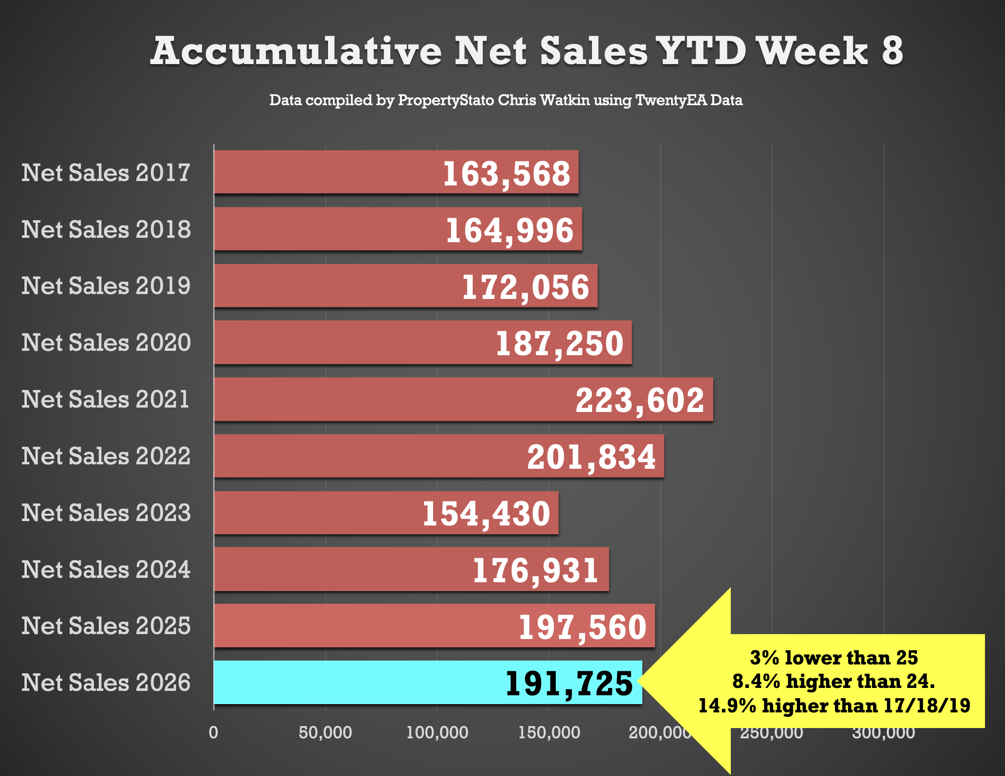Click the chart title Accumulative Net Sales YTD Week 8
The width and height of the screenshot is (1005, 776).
point(526,51)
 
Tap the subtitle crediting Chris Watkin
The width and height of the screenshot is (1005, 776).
point(506,100)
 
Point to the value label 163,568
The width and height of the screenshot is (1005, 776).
point(506,174)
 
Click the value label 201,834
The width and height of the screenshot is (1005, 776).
point(591,457)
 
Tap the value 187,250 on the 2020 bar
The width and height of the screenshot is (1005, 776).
point(560,343)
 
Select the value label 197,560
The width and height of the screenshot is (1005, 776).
point(583,627)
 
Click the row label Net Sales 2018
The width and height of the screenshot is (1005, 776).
point(106,229)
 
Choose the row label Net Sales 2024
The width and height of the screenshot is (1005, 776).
point(106,570)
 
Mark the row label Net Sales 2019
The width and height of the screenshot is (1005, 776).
point(106,286)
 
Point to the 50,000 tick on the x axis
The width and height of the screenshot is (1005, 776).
point(325,732)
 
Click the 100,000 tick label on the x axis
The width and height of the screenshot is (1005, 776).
point(437,732)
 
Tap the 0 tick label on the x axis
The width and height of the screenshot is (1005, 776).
point(214,732)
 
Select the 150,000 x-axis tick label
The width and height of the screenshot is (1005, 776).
point(549,732)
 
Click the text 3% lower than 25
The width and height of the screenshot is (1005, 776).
point(834,658)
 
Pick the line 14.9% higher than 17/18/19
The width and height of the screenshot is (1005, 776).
point(834,706)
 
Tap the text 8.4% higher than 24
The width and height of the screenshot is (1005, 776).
point(834,681)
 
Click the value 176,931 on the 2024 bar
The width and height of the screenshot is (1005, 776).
point(535,571)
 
